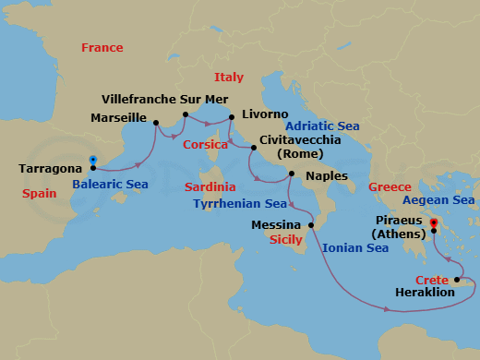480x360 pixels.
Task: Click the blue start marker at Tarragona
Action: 93,161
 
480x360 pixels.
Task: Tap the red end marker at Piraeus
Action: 434,222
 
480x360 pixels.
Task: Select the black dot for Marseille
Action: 156,120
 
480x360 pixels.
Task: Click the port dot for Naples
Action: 291,174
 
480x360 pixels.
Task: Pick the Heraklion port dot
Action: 456,277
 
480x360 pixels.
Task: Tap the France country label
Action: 102,48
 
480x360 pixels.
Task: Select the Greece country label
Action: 390,187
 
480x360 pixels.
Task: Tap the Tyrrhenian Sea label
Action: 240,203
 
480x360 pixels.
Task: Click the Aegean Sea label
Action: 439,199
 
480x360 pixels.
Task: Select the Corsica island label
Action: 205,145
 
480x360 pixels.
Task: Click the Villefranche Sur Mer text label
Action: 164,96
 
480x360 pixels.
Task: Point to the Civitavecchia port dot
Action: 254,147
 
